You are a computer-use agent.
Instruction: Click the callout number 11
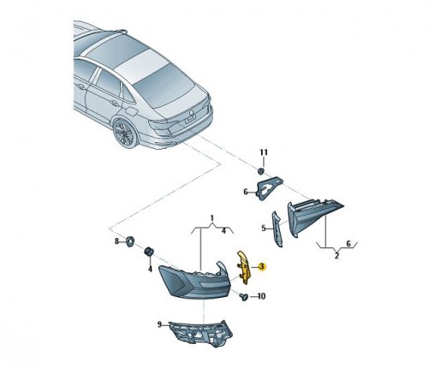click(x=264, y=152)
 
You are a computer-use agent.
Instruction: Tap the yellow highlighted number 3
click(x=261, y=267)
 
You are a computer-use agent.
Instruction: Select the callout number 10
click(x=261, y=296)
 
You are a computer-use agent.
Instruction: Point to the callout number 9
click(x=159, y=324)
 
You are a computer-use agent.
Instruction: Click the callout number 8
click(x=116, y=241)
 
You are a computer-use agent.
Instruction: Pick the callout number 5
click(x=264, y=228)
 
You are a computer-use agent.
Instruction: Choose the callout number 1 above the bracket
click(x=212, y=218)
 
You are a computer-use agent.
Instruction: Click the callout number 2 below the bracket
click(x=337, y=256)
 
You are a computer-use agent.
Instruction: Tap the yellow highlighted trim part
click(x=244, y=267)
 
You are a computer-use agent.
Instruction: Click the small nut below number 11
click(x=260, y=171)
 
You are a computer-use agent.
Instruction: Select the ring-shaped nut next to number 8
click(x=130, y=240)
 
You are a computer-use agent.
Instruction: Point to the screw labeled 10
click(x=244, y=298)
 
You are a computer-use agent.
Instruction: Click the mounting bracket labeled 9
click(x=200, y=333)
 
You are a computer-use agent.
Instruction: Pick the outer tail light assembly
click(x=194, y=280)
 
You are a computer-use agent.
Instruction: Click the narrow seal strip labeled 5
click(x=277, y=229)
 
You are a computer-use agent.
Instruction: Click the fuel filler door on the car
click(x=131, y=111)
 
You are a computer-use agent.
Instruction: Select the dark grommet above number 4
click(x=149, y=252)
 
